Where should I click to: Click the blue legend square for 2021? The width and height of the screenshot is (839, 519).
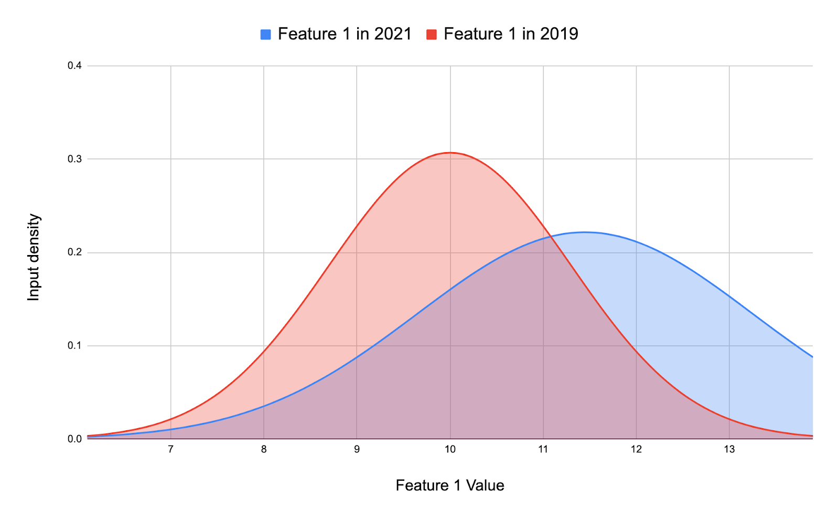pos(266,35)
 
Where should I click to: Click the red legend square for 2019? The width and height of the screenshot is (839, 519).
pos(432,35)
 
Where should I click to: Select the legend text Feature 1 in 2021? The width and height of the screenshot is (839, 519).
pos(345,34)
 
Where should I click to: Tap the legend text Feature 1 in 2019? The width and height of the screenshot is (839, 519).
pos(511,34)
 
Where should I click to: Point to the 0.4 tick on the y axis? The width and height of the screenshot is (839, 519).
pos(74,66)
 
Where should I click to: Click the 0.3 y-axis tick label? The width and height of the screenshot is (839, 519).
pos(74,159)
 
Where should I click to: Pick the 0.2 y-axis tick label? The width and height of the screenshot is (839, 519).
pos(74,252)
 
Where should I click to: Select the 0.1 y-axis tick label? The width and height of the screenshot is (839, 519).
pos(74,346)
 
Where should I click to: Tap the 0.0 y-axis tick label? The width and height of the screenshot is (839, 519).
pos(74,439)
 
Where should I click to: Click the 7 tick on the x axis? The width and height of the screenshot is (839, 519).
pos(170,450)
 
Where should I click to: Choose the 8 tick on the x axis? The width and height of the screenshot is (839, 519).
pos(264,450)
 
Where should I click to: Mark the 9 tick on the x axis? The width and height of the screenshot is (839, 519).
pos(357,450)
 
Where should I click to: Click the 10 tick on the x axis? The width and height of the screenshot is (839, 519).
pos(450,450)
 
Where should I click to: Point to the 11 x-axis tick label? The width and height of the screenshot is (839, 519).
pos(543,450)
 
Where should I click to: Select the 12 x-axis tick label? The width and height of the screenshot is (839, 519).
pos(636,450)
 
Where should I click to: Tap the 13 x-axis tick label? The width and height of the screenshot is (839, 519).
pos(729,450)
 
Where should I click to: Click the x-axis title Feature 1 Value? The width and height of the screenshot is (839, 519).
pos(450,485)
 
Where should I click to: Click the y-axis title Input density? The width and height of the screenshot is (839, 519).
pos(34,257)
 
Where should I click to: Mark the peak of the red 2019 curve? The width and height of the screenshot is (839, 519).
pos(450,153)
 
